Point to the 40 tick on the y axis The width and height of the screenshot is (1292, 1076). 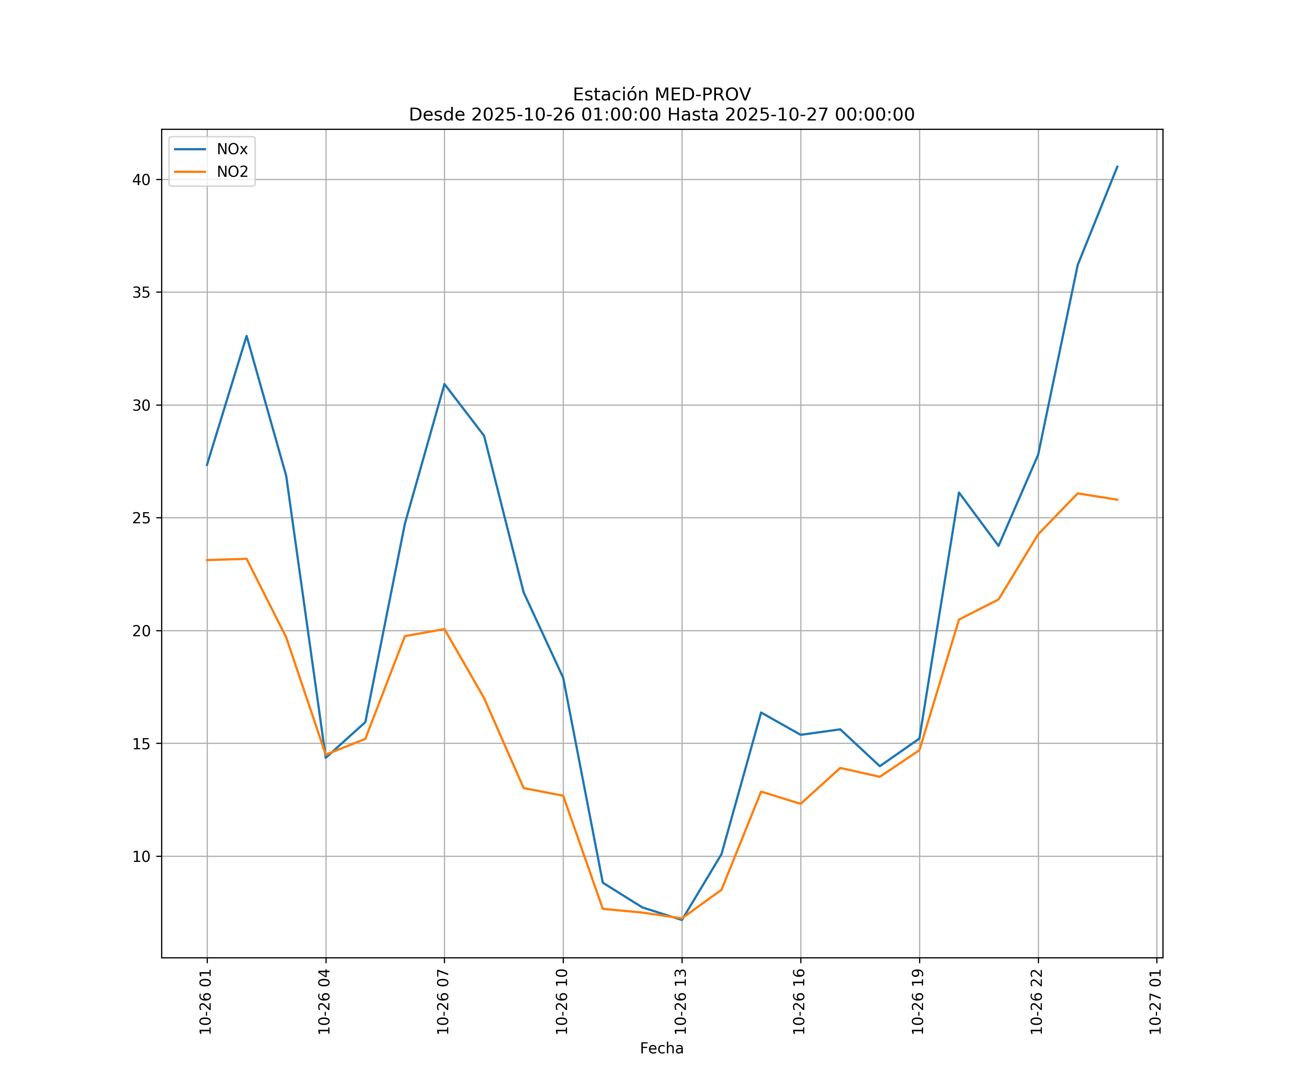tap(141, 180)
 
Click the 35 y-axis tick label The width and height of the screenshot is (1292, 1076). tap(141, 293)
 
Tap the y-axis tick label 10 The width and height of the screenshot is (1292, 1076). tap(141, 856)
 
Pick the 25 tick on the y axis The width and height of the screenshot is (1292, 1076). tap(141, 518)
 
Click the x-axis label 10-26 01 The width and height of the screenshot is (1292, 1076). tap(206, 1002)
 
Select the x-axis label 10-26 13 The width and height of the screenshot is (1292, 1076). tap(680, 1002)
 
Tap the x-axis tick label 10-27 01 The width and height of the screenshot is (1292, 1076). tap(1155, 1002)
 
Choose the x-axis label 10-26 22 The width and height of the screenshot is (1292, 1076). tap(1037, 1002)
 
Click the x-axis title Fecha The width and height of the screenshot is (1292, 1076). tap(661, 1048)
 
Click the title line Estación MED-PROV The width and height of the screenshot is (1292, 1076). tap(661, 95)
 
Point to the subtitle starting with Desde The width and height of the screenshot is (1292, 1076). tap(661, 115)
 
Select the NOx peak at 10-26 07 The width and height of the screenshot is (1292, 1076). tap(444, 384)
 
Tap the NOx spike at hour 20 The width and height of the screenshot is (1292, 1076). tap(959, 492)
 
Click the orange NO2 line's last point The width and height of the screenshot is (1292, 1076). tap(1117, 500)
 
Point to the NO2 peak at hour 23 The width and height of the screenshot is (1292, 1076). tap(1078, 493)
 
